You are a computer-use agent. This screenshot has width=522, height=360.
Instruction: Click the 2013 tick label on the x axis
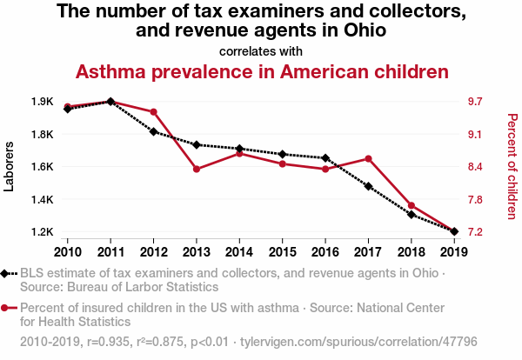pos(197,251)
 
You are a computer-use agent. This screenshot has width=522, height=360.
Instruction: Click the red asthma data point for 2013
pos(197,169)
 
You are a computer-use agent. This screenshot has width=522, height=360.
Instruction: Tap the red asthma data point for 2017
pos(369,158)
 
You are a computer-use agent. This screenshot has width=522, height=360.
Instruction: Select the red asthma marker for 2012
pos(153,112)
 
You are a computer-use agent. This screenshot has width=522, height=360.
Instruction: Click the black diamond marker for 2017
pos(369,186)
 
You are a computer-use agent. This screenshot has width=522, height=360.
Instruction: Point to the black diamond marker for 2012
pos(153,131)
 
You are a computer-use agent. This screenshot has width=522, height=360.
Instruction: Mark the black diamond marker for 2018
pos(412,214)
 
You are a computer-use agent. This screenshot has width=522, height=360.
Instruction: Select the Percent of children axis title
pos(512,166)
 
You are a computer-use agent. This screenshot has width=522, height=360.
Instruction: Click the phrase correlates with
pos(261,50)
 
